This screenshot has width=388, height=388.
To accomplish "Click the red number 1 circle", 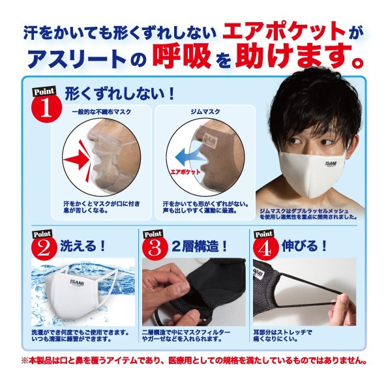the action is [x=46, y=108].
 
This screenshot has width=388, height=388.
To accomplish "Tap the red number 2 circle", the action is [x=44, y=248].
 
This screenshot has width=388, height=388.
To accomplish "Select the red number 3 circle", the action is [x=155, y=248].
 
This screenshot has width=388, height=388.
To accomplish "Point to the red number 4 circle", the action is [x=265, y=248].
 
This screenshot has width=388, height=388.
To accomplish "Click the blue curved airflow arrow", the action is [x=188, y=156].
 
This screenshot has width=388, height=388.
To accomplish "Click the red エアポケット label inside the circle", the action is [x=185, y=172].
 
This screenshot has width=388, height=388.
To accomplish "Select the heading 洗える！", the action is [x=82, y=246].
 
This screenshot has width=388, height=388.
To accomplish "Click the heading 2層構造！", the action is [x=199, y=246].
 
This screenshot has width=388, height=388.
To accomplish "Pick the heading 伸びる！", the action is [x=304, y=246].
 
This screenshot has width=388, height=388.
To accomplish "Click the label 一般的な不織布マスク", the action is [x=102, y=112].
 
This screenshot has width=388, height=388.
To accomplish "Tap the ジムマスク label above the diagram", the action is [x=205, y=112].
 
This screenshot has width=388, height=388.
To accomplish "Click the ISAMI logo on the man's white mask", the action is [x=331, y=164].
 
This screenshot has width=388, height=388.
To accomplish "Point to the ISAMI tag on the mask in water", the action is [x=77, y=282].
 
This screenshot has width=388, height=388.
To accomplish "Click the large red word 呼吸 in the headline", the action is [x=182, y=57].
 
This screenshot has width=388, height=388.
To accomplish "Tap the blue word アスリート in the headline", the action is [x=77, y=59].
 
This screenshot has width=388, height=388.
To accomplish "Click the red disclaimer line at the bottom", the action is [x=194, y=361].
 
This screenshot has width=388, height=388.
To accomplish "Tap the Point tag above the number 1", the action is [x=44, y=91].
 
